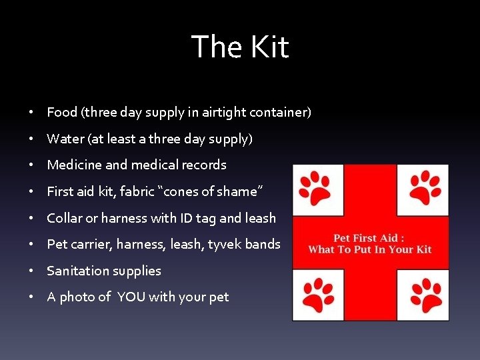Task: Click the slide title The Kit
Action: point(240,47)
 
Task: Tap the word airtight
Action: point(226,112)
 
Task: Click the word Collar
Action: point(65,218)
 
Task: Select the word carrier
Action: point(90,244)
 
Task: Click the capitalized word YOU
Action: point(131,297)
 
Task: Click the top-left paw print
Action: point(316,187)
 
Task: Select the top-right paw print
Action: point(425,187)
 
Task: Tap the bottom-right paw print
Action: point(425,295)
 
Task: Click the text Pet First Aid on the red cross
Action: point(369,238)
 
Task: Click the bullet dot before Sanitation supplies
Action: point(32,271)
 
